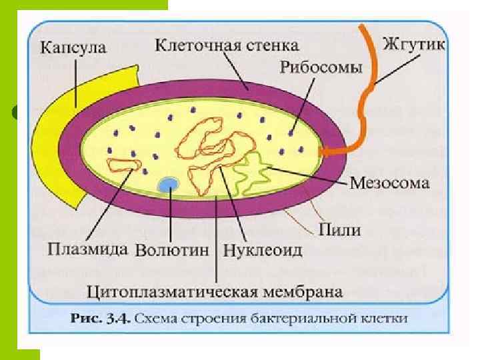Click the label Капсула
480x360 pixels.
[73, 48]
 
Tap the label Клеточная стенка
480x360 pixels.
[227, 46]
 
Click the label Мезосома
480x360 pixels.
[390, 183]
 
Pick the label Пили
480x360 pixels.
[340, 231]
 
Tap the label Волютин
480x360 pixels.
[173, 251]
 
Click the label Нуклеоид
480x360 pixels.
[262, 251]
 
